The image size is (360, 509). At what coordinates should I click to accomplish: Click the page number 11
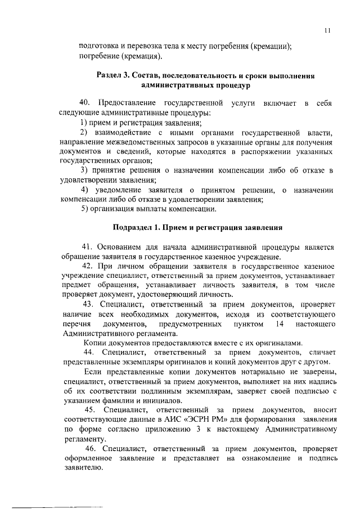point(327,31)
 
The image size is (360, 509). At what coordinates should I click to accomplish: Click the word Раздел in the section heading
point(110,75)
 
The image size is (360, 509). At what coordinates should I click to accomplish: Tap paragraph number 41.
point(87,247)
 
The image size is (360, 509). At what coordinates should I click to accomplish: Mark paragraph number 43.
point(87,304)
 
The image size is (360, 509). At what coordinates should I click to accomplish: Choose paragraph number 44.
point(87,352)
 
